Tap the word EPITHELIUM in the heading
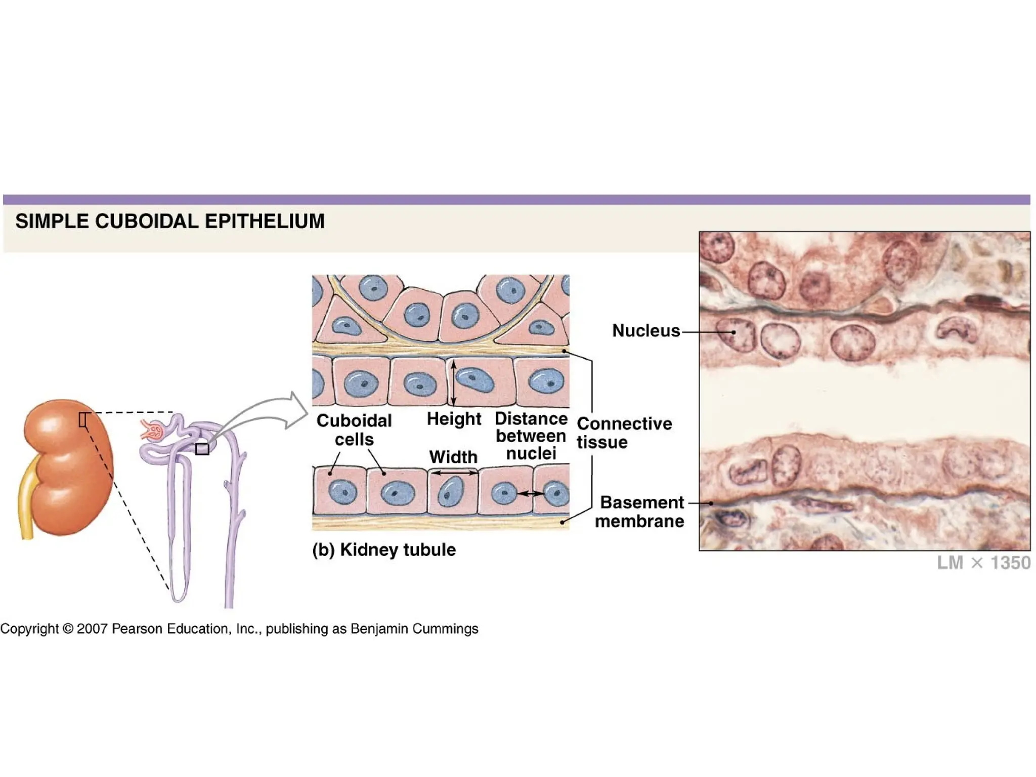point(265,222)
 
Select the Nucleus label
point(645,331)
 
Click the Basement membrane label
point(640,511)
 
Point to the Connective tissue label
point(624,433)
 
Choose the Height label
point(454,419)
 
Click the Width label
point(453,457)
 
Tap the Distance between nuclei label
point(531,436)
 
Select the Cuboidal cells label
point(354,429)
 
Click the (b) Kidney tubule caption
point(384,550)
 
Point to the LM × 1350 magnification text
point(983,563)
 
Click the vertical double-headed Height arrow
point(454,383)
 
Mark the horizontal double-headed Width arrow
point(454,473)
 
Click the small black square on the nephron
point(202,449)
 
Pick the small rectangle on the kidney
point(84,419)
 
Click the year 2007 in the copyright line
point(92,629)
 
